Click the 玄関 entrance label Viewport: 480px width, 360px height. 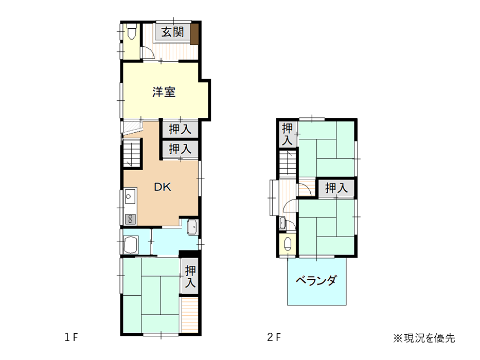[x=173, y=32]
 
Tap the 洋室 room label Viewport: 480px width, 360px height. [x=164, y=92]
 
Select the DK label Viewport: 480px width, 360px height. [x=162, y=187]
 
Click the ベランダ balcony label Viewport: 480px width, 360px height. [x=316, y=280]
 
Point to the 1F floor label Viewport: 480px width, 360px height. [x=71, y=337]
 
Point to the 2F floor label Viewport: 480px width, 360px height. [x=274, y=337]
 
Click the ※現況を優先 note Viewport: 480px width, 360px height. [x=424, y=338]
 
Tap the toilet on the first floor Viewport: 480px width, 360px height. [x=132, y=31]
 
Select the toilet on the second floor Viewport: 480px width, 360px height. [x=288, y=244]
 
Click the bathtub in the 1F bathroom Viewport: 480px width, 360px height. [x=131, y=245]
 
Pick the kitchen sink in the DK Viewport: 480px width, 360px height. [x=130, y=196]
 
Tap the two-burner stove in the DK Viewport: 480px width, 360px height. [x=130, y=219]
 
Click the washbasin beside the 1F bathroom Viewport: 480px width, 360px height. [x=192, y=227]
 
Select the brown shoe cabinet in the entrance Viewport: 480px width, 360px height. [x=194, y=33]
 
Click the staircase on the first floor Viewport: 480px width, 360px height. [x=133, y=152]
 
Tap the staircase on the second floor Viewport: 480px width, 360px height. [x=288, y=164]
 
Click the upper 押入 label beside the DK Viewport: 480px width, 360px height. [x=180, y=129]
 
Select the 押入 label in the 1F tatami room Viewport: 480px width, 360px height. [x=190, y=277]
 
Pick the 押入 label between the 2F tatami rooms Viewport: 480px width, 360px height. [x=336, y=188]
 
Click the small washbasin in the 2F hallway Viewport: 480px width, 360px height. [x=282, y=223]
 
